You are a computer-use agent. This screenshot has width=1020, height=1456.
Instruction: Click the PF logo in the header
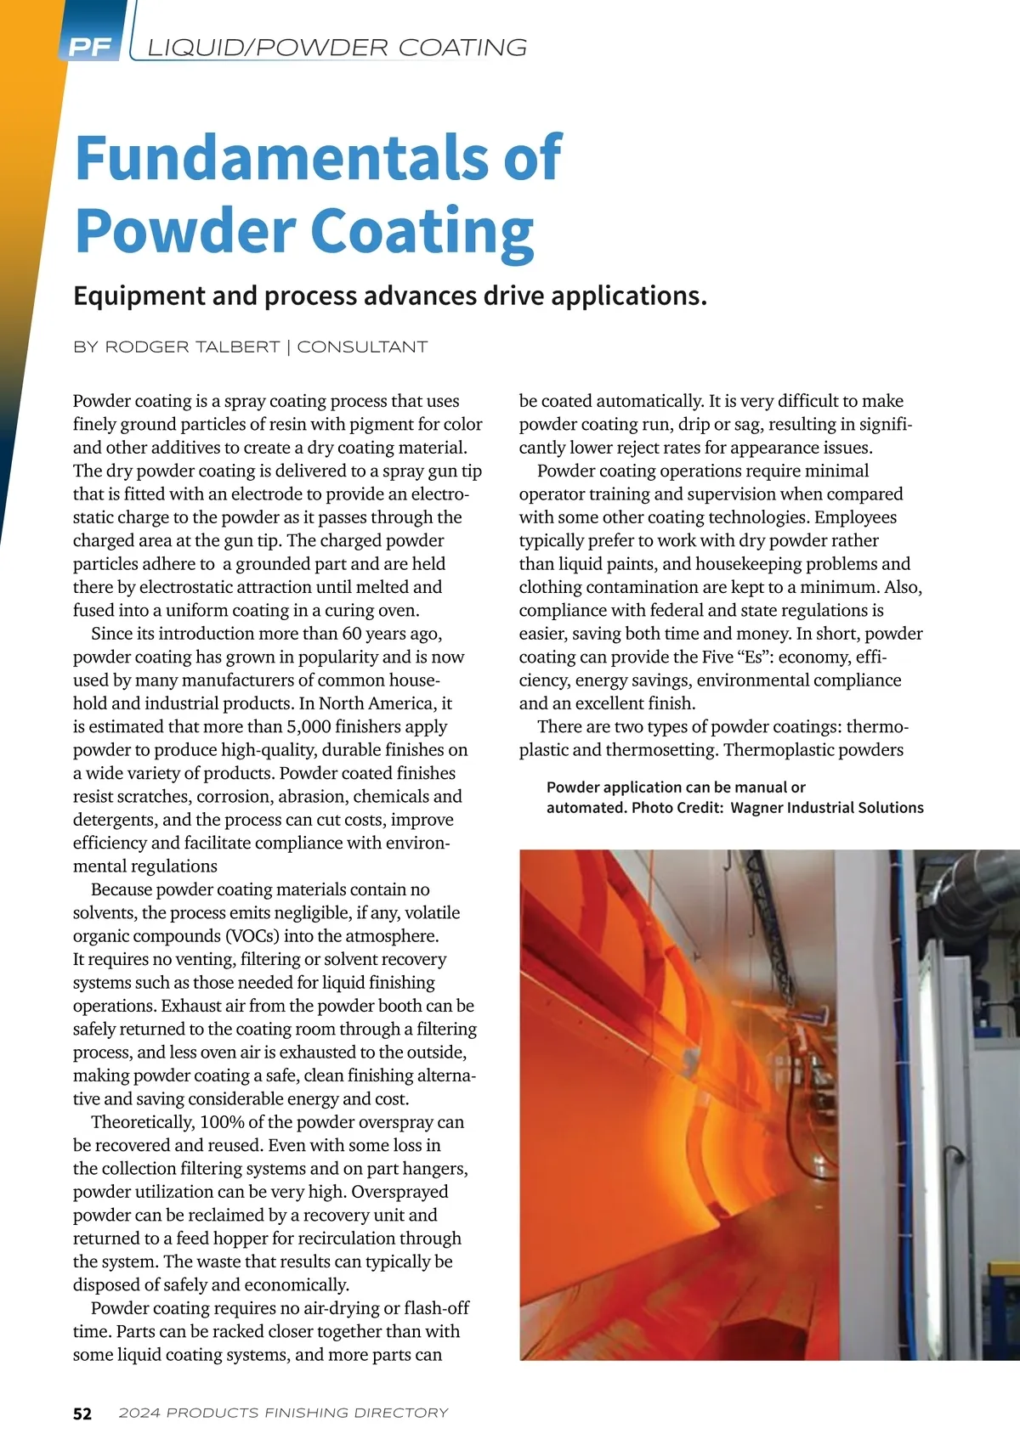[x=90, y=47]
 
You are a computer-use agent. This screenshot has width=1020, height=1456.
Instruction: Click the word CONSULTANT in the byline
[x=362, y=347]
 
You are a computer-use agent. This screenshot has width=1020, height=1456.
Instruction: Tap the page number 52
[x=82, y=1414]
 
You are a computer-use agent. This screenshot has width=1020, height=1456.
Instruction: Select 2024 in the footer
[x=139, y=1414]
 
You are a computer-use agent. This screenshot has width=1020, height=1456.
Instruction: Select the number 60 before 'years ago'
[x=353, y=634]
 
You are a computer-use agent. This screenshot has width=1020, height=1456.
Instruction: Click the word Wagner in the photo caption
[x=760, y=808]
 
